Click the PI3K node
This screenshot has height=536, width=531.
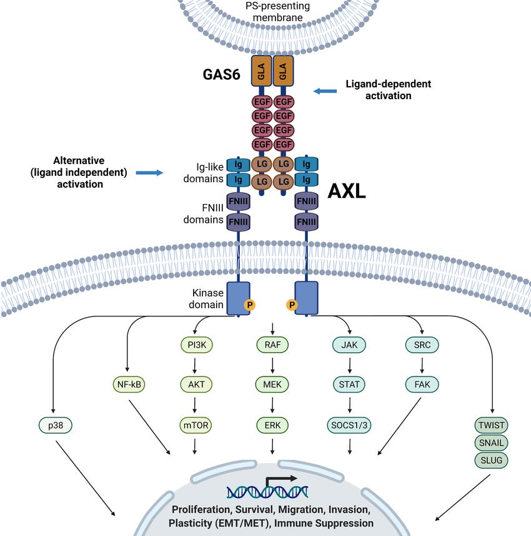click(x=197, y=345)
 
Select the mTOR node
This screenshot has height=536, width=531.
click(x=196, y=426)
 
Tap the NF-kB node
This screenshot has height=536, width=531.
click(x=129, y=384)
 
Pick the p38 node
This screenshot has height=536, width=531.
click(x=56, y=426)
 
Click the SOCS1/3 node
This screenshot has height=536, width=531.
click(x=349, y=426)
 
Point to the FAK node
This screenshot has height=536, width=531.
click(x=422, y=384)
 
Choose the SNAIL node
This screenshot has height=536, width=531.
click(x=491, y=442)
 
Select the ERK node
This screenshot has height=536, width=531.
click(x=272, y=426)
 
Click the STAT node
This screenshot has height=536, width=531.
click(x=349, y=384)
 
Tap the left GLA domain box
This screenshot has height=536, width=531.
click(x=261, y=71)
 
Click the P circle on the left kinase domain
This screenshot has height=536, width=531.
click(x=250, y=305)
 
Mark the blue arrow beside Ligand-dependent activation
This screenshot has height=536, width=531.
click(x=325, y=91)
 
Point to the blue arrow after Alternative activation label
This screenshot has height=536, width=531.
click(x=149, y=173)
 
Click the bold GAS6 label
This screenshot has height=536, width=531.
click(x=221, y=74)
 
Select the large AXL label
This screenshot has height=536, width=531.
click(x=347, y=191)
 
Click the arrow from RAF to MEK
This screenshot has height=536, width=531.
click(x=272, y=366)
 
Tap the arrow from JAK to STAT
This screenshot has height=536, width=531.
click(x=349, y=366)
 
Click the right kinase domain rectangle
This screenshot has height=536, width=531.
click(x=306, y=298)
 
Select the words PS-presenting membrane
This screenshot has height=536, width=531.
click(x=277, y=12)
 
